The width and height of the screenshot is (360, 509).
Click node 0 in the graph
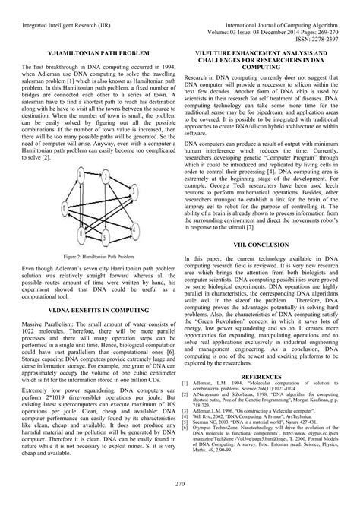64,207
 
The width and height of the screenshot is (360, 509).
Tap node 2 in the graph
106,177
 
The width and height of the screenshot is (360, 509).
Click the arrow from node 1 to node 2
93,175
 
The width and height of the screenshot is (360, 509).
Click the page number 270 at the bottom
180,484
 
